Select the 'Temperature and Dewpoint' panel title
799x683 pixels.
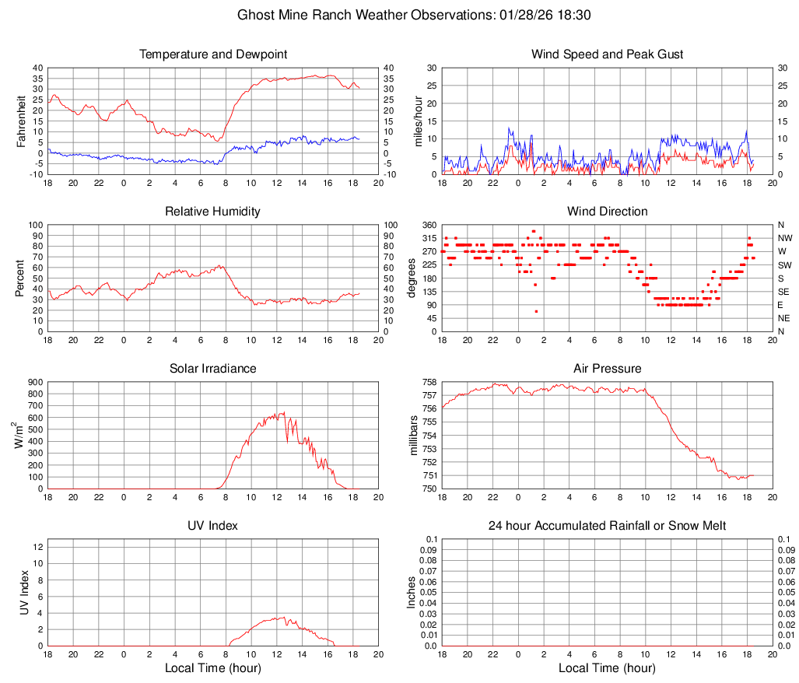213,54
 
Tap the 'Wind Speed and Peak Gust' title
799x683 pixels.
608,54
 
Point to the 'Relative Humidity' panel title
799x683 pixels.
213,212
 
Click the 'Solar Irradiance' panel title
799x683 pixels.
213,369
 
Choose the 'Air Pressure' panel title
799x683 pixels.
608,369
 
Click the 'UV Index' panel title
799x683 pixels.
213,526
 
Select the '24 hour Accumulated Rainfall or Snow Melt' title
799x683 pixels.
608,526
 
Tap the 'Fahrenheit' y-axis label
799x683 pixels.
21,121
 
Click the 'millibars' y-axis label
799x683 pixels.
414,436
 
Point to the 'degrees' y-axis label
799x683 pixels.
412,278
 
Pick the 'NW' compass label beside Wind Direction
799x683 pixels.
785,238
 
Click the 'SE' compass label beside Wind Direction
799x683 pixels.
784,292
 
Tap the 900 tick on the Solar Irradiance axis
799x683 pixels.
35,382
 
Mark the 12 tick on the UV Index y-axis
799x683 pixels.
37,547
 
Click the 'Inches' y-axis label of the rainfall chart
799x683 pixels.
412,593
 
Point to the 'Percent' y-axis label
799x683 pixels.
21,278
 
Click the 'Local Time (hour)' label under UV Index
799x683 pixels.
213,668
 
